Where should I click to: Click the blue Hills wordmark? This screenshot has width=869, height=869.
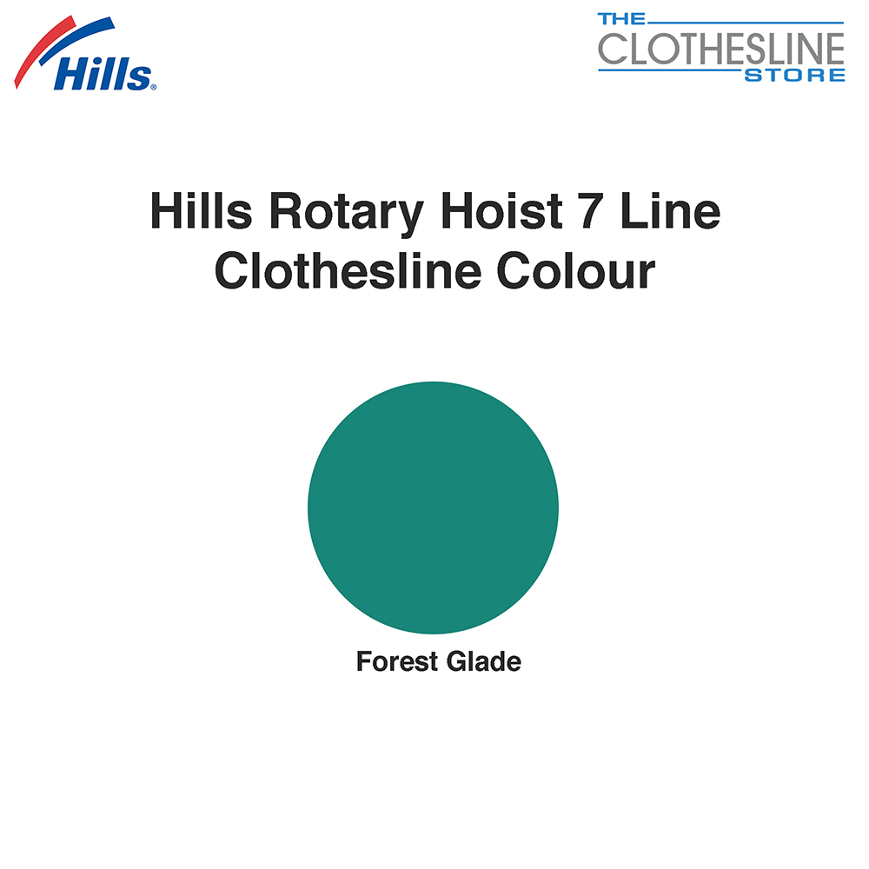pos(102,73)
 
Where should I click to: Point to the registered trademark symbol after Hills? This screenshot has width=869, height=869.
pos(154,87)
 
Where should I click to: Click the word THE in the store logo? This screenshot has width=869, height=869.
pos(621,19)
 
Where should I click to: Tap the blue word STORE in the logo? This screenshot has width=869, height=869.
pos(795,76)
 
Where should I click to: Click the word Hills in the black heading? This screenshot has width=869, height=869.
pos(202,211)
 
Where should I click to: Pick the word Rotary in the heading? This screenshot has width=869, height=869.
pos(347,214)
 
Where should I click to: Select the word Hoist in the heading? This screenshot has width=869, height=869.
pos(501,211)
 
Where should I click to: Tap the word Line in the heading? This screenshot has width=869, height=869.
pos(671,211)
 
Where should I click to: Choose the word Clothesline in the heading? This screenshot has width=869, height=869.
pos(348,271)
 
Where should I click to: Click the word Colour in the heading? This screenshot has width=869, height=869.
pos(576,271)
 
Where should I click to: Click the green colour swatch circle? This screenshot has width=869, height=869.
pos(434,507)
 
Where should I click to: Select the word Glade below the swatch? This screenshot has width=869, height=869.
pos(484,661)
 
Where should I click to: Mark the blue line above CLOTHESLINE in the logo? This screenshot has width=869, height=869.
pos(746,23)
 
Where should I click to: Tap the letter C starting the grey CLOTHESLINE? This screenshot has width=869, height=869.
pos(611,49)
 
